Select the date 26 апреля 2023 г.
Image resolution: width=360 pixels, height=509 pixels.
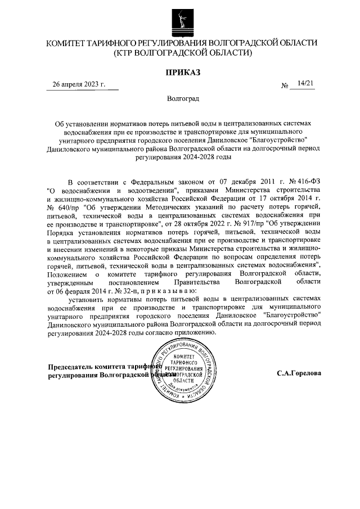coord(79,84)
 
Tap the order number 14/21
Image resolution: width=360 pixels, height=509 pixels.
coord(307,83)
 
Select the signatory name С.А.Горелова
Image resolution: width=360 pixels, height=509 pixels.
coord(299,374)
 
